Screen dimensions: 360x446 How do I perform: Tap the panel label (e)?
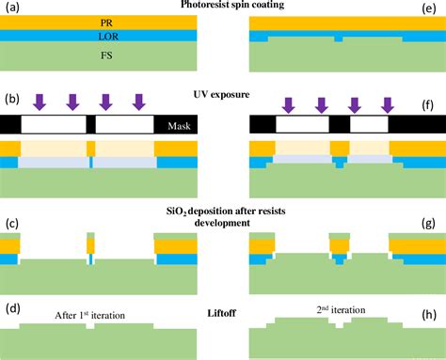[434, 7]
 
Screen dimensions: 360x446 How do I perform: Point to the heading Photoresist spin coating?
[222, 7]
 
